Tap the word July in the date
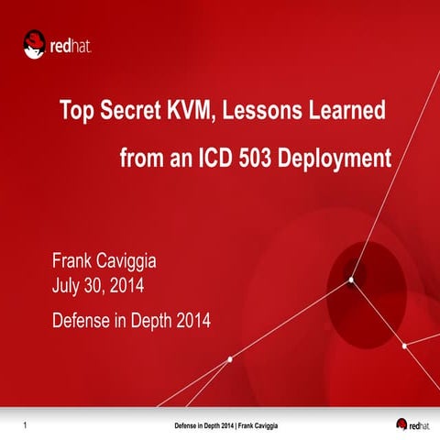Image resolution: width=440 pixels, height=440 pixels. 68,291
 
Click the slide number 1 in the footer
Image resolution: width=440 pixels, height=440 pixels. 24,425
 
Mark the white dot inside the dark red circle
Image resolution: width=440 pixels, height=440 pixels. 351,280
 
